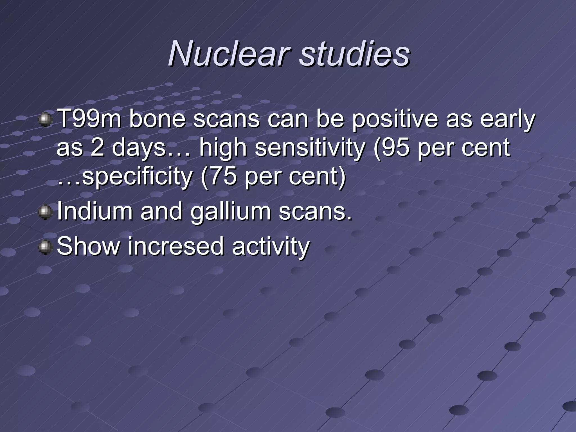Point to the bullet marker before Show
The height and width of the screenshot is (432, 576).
coord(45,247)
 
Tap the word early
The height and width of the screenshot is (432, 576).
coord(507,119)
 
